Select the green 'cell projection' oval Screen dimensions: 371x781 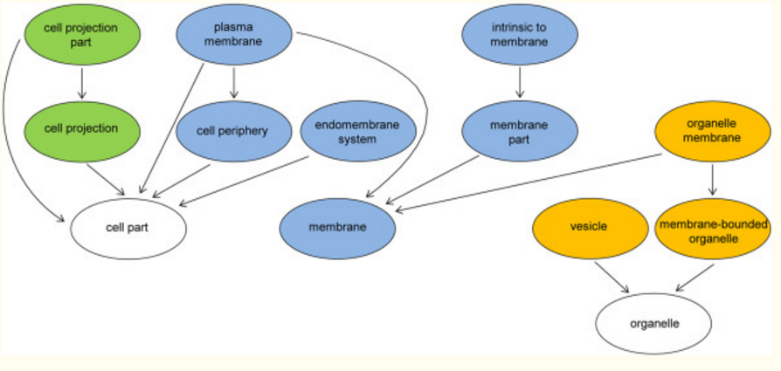pos(80,128)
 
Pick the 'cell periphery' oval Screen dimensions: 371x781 pos(233,132)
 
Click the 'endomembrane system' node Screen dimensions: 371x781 pos(356,132)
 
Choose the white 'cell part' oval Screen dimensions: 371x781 pos(129,227)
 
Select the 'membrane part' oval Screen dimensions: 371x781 pos(520,132)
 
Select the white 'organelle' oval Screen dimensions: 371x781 pos(653,323)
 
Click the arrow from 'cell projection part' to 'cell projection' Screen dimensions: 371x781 pos(80,83)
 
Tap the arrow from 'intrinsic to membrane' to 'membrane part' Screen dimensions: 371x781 pos(520,84)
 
